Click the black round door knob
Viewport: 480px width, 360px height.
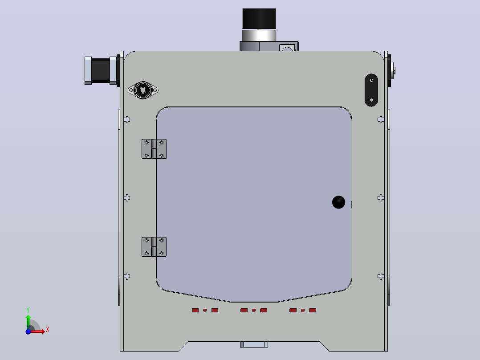pyautogui.click(x=338, y=202)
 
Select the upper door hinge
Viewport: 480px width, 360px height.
pyautogui.click(x=154, y=149)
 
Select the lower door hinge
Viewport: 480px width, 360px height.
pyautogui.click(x=154, y=247)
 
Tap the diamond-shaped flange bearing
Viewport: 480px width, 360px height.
pyautogui.click(x=143, y=90)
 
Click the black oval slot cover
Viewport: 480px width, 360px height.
pyautogui.click(x=371, y=90)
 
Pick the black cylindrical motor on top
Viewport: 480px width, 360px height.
pyautogui.click(x=259, y=19)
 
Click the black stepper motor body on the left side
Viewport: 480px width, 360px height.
pyautogui.click(x=101, y=70)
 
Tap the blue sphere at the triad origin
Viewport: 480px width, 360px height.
pyautogui.click(x=28, y=331)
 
